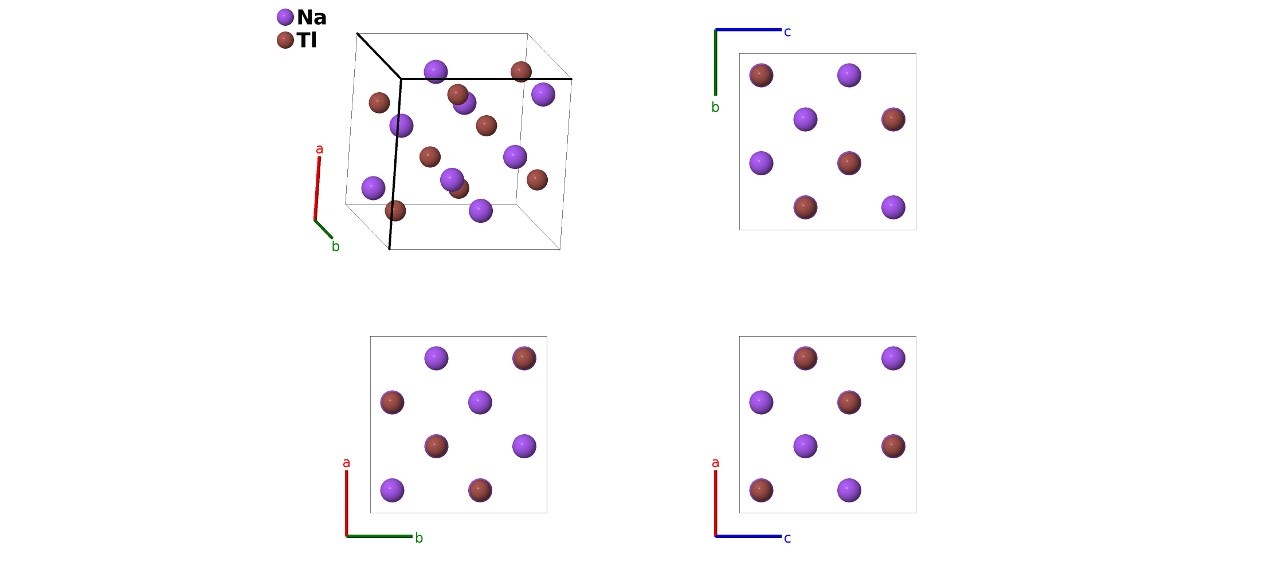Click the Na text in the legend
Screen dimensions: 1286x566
[x=312, y=17]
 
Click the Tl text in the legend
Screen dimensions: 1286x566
[x=307, y=40]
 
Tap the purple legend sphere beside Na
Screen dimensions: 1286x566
[x=285, y=17]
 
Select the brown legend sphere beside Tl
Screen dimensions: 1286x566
[x=285, y=40]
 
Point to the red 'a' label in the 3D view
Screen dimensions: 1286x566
[x=320, y=150]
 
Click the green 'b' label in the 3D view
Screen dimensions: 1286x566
[x=336, y=246]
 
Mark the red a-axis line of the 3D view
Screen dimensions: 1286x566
[x=317, y=188]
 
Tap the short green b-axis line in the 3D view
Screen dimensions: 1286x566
[x=324, y=229]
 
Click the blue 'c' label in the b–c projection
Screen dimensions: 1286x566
[x=787, y=32]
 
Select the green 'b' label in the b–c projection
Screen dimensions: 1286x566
[x=715, y=107]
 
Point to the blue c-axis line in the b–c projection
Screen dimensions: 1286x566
[x=748, y=30]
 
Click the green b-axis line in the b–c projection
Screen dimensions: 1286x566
[x=716, y=62]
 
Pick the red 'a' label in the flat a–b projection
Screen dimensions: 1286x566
[x=346, y=463]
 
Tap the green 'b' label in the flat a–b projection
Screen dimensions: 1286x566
[x=419, y=538]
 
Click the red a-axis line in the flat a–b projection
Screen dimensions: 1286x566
[x=347, y=504]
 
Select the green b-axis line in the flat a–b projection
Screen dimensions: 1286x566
[x=379, y=536]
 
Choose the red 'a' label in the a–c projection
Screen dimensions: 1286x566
[x=715, y=463]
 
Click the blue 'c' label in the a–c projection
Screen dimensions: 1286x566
[x=787, y=539]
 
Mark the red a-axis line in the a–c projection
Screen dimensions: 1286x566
[x=716, y=504]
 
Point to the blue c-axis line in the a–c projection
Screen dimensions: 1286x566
[x=748, y=536]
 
